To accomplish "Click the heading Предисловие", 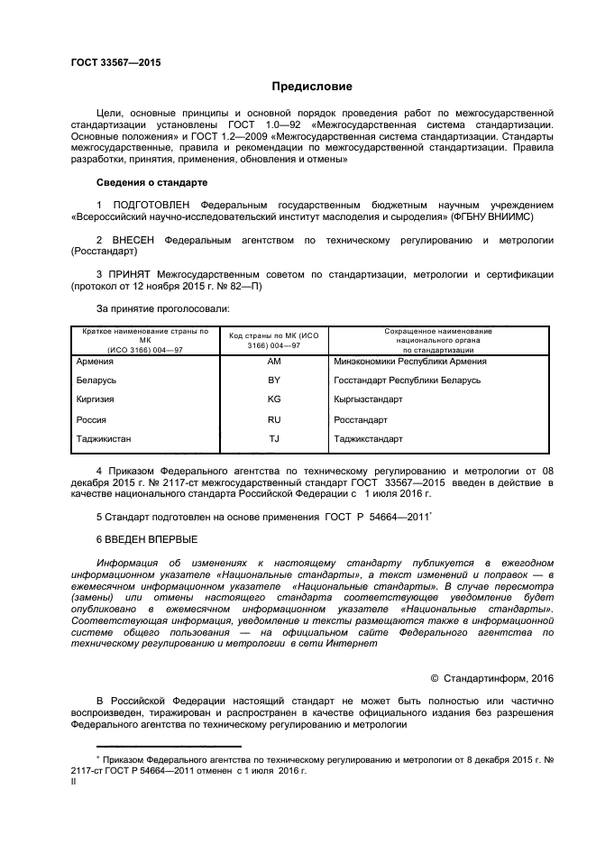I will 313,87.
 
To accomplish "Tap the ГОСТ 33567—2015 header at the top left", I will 110,62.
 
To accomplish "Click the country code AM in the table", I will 274,362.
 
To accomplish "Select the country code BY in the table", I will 274,381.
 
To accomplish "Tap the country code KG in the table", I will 274,399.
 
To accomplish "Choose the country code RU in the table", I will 274,419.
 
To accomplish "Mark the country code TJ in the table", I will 274,439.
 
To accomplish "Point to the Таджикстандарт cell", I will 368,439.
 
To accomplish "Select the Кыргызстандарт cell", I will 368,399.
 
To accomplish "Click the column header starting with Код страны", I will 274,338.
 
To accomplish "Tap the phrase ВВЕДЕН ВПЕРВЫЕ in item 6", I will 151,539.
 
